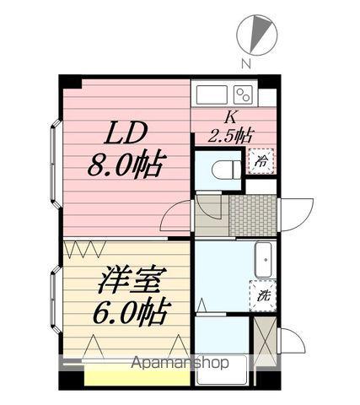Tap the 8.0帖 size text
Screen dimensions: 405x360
click(x=126, y=162)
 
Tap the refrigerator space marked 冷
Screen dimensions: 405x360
click(x=260, y=159)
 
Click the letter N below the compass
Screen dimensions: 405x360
click(x=244, y=62)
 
